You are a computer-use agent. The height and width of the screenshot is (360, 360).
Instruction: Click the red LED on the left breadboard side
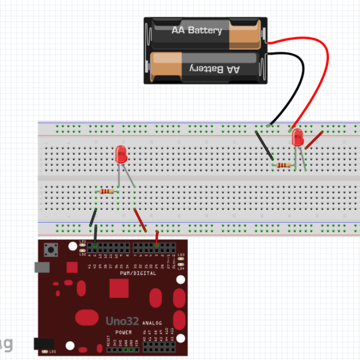click(x=121, y=154)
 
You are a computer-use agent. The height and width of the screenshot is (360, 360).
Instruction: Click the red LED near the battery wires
click(x=297, y=139)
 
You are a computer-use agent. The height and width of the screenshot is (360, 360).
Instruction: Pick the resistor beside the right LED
click(x=283, y=165)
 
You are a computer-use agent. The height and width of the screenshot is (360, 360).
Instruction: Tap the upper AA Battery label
click(x=197, y=30)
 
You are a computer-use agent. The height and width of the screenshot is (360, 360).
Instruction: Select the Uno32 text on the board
click(x=124, y=321)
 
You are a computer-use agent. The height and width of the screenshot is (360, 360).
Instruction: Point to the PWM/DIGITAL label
click(x=138, y=274)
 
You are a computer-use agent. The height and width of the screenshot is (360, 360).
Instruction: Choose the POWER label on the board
click(x=124, y=332)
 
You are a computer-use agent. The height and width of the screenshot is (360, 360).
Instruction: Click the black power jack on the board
click(x=43, y=343)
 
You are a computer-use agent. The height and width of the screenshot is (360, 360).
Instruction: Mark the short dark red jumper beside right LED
click(x=314, y=140)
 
